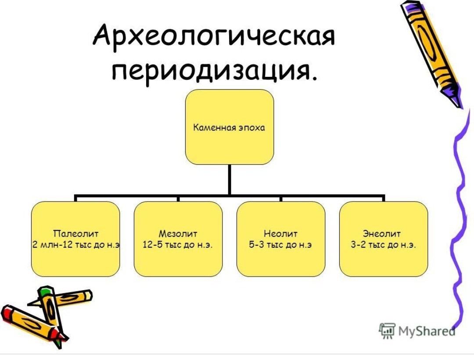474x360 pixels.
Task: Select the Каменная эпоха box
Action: click(x=230, y=127)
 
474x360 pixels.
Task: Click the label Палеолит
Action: click(x=75, y=234)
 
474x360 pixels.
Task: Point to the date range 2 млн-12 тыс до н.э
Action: click(x=75, y=245)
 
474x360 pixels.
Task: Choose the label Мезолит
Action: click(x=178, y=234)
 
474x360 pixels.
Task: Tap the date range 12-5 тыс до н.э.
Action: click(x=178, y=245)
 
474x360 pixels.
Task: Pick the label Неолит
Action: click(x=280, y=234)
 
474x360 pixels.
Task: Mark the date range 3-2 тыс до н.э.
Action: click(x=383, y=245)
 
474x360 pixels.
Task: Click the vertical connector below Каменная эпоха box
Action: click(x=230, y=180)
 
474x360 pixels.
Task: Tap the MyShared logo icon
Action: click(x=387, y=331)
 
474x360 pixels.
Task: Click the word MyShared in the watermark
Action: click(x=427, y=331)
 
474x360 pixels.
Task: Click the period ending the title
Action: click(x=314, y=79)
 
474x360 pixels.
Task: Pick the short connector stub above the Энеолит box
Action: click(x=384, y=198)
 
